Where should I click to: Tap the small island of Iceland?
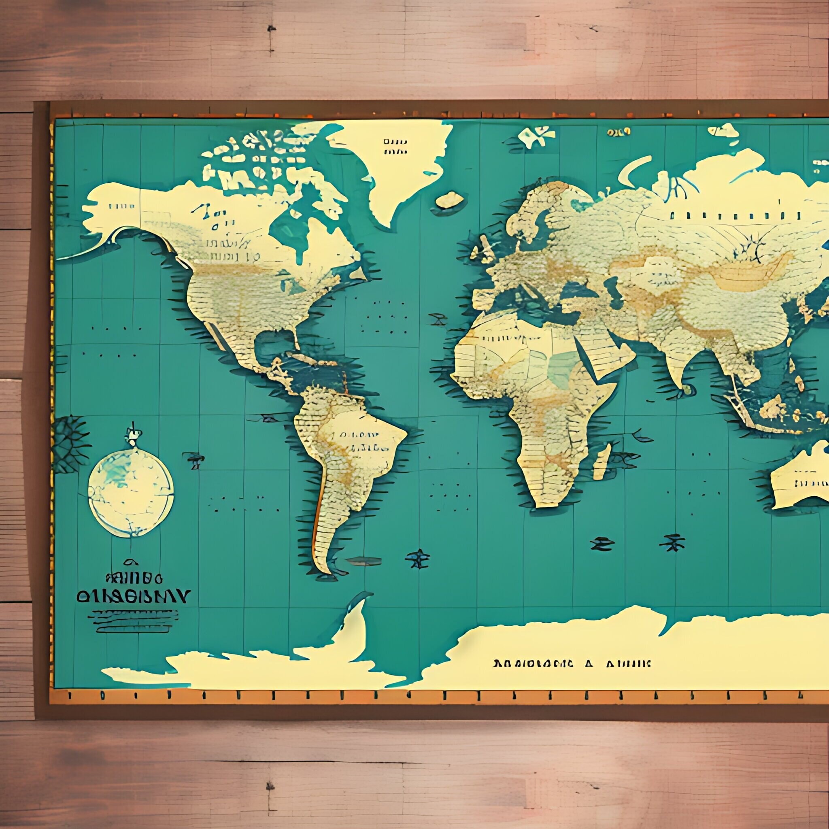point(449,200)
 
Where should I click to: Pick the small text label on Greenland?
point(395,146)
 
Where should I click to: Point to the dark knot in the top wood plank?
point(271,29)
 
